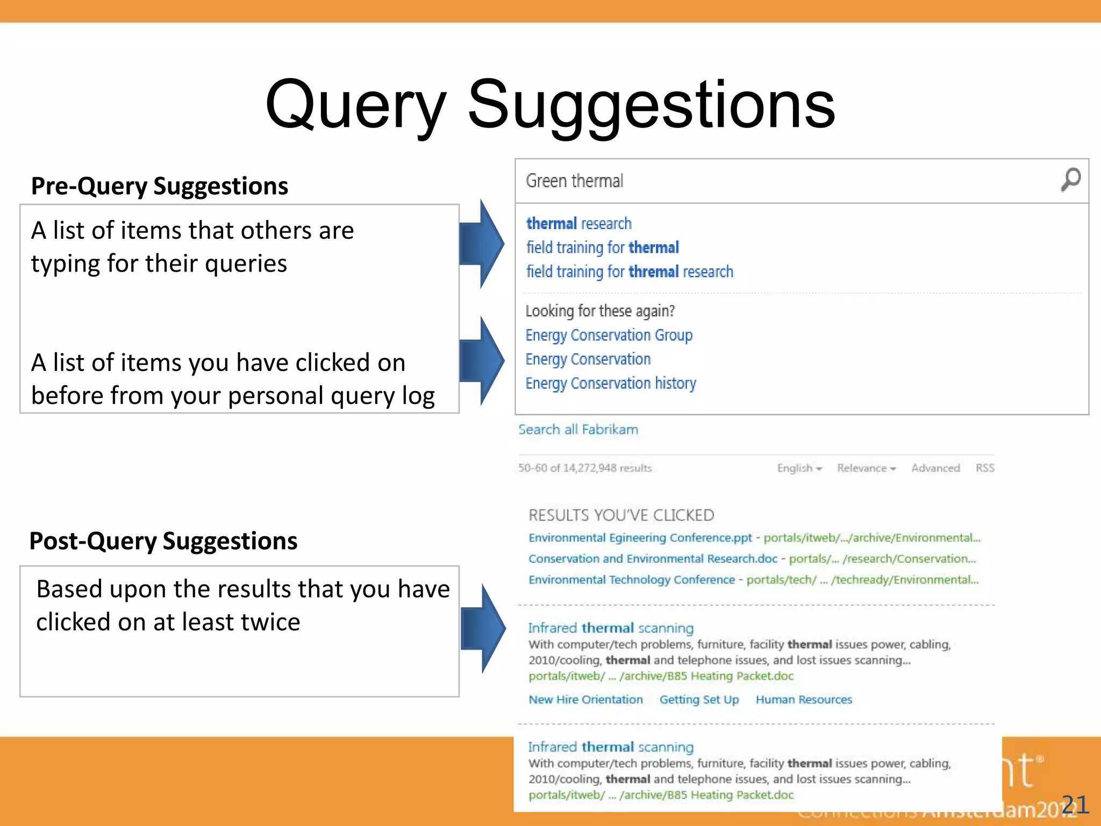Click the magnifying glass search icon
(1070, 180)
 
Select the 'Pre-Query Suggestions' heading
(160, 186)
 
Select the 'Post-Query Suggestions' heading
(163, 541)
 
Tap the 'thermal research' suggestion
(578, 223)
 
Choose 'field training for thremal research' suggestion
(629, 272)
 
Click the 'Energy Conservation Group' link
(609, 335)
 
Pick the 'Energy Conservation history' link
(610, 383)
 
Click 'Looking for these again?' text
(600, 311)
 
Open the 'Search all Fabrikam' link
(578, 430)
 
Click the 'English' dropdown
(799, 468)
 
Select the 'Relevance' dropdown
(866, 468)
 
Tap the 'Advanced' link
(935, 468)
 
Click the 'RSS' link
(985, 468)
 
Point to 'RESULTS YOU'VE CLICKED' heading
(621, 515)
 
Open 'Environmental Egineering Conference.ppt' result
(640, 538)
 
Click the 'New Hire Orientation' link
(585, 700)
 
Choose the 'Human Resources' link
(804, 700)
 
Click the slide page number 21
(1075, 805)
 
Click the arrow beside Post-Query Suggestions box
(484, 628)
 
